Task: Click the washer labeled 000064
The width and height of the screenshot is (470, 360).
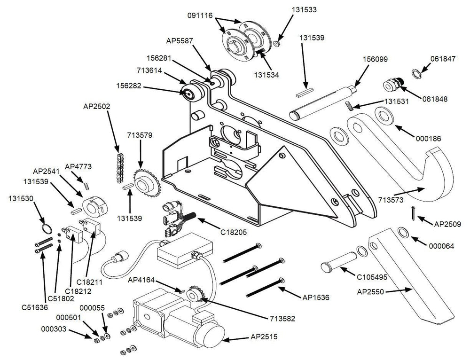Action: [x=403, y=232]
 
